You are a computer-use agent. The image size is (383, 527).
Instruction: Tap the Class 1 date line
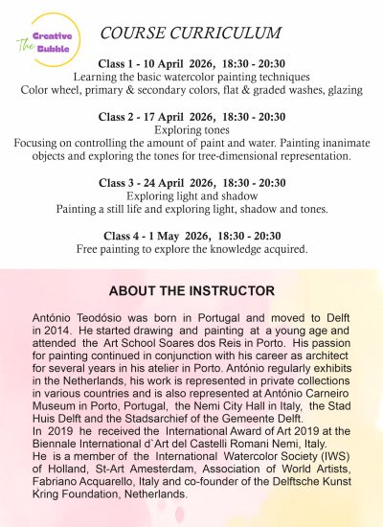(x=191, y=63)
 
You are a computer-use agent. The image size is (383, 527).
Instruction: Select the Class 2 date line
(x=191, y=116)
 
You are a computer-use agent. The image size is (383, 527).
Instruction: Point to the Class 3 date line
(x=191, y=182)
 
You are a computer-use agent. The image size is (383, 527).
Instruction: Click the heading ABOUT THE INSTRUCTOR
(x=191, y=290)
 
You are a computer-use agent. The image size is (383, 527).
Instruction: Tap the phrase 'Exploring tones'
(x=191, y=129)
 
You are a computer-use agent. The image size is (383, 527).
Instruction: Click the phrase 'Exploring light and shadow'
(x=191, y=195)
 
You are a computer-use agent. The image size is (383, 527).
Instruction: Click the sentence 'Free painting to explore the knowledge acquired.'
(x=191, y=249)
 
